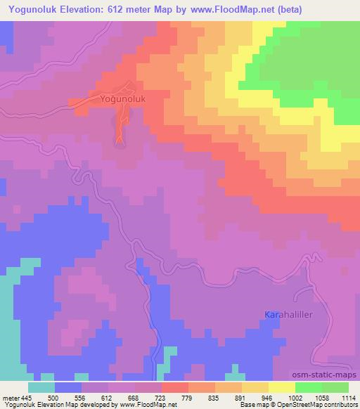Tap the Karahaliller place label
pos(288,315)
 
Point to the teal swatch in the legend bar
pos(41,387)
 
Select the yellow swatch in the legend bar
pos(281,387)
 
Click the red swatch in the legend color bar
pos(174,387)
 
